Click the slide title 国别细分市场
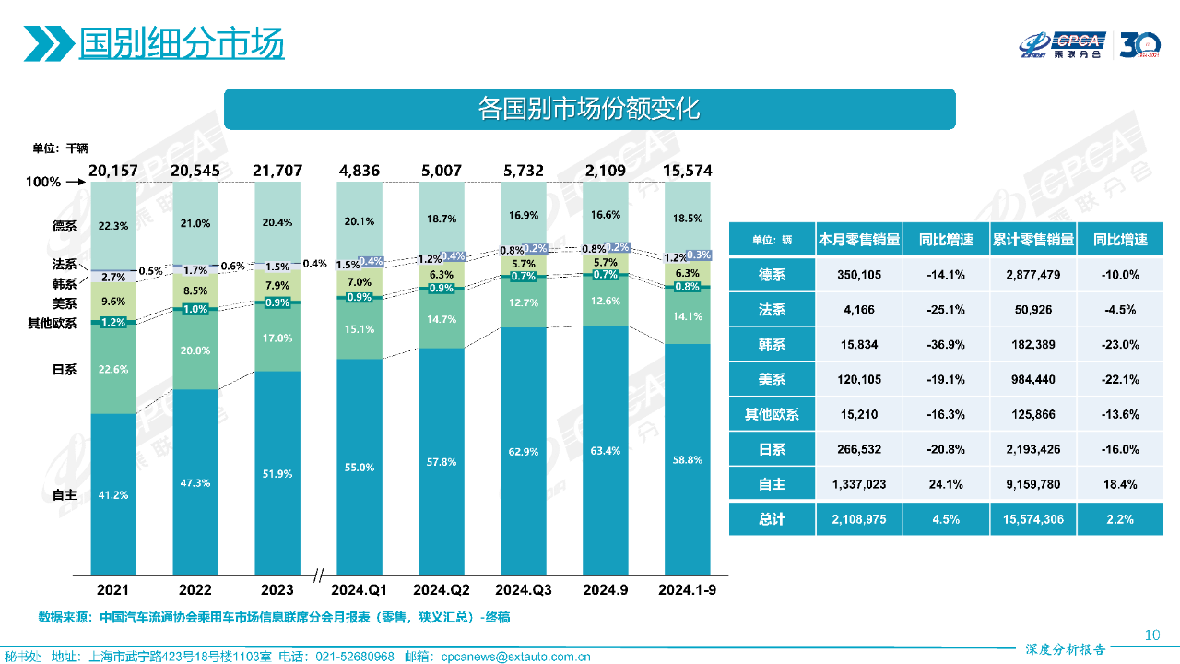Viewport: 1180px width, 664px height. [x=181, y=43]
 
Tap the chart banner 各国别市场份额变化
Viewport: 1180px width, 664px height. [x=589, y=109]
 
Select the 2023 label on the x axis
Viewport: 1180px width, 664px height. [x=277, y=589]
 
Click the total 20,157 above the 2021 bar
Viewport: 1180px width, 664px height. [x=114, y=171]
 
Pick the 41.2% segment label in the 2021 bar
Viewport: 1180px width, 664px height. [x=114, y=495]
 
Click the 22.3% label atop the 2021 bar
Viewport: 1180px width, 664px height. [x=114, y=225]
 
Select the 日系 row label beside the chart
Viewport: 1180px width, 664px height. [x=65, y=370]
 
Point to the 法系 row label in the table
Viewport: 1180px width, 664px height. [x=772, y=310]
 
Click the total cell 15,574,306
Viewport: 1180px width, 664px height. [x=1032, y=519]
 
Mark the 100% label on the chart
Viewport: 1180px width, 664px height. [x=43, y=183]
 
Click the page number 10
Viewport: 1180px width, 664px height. [x=1151, y=634]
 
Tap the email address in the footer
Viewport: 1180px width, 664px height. [x=516, y=657]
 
